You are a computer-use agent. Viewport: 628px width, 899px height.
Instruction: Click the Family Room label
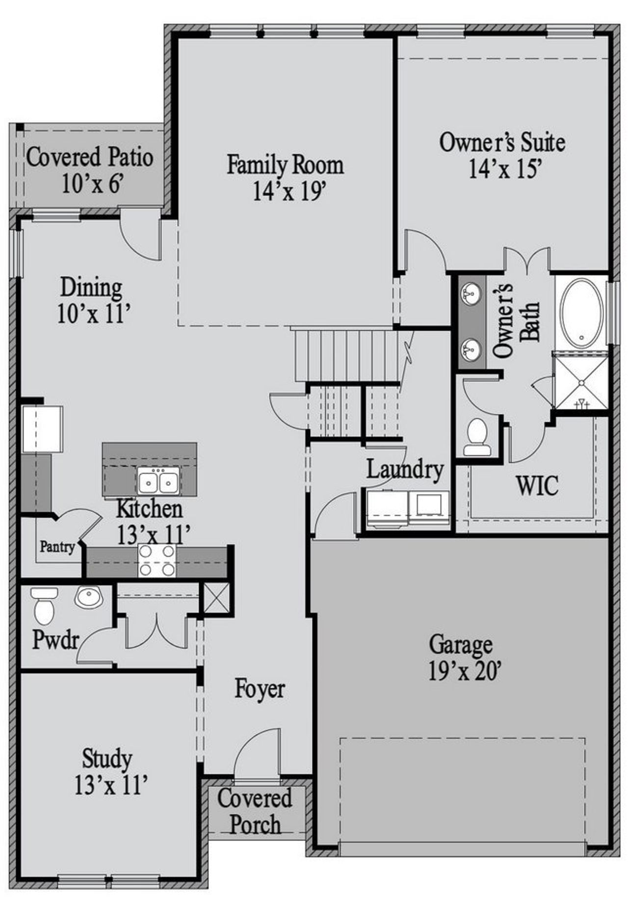pyautogui.click(x=285, y=165)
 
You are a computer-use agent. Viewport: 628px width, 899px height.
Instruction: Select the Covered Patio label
pyautogui.click(x=89, y=158)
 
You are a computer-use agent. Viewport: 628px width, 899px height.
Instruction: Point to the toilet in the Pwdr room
pyautogui.click(x=44, y=607)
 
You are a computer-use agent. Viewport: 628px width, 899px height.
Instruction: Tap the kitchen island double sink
pyautogui.click(x=158, y=480)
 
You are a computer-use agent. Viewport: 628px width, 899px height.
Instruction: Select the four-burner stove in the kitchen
pyautogui.click(x=157, y=560)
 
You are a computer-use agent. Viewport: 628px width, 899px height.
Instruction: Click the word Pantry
pyautogui.click(x=57, y=547)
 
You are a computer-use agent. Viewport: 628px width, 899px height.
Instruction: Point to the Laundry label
pyautogui.click(x=405, y=470)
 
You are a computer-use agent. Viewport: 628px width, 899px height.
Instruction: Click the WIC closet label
pyautogui.click(x=537, y=486)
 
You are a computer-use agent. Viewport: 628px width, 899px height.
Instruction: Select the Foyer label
pyautogui.click(x=259, y=688)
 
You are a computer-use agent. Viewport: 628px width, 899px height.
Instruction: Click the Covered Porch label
pyautogui.click(x=255, y=811)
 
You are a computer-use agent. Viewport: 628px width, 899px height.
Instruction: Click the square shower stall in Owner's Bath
pyautogui.click(x=580, y=380)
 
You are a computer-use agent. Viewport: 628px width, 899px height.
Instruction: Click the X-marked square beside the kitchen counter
pyautogui.click(x=216, y=598)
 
